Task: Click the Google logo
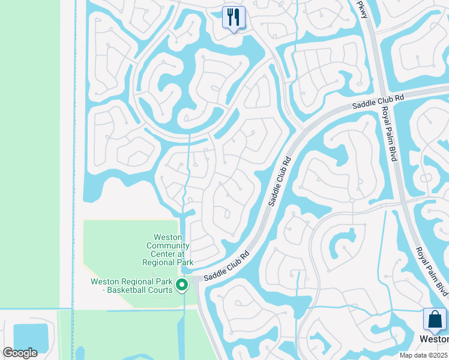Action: [20, 353]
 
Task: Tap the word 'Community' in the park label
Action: [168, 245]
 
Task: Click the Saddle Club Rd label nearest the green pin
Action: [226, 268]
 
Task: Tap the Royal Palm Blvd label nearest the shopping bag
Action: [430, 265]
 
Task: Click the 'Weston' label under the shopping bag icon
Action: [433, 339]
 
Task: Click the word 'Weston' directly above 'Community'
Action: [168, 237]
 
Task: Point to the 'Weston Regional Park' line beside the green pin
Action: [131, 281]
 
